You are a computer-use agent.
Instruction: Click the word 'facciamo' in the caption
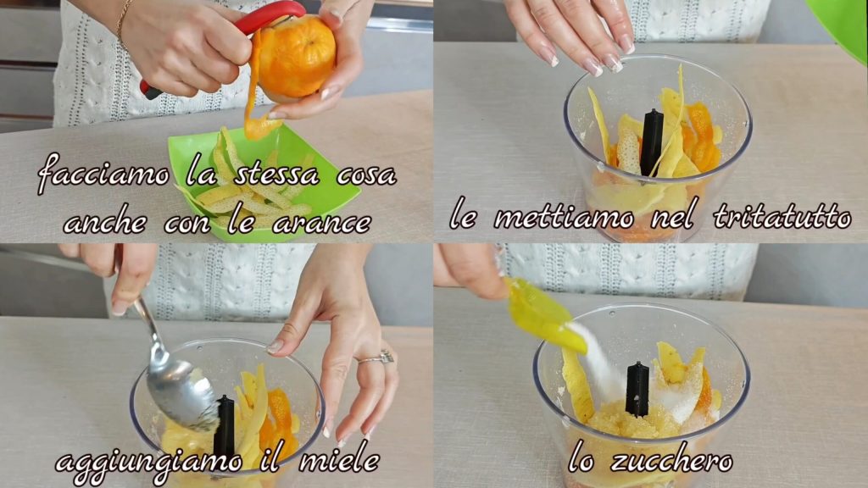pyautogui.click(x=103, y=175)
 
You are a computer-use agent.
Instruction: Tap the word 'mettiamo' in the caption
pyautogui.click(x=564, y=217)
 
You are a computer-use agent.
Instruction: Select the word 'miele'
pyautogui.click(x=339, y=460)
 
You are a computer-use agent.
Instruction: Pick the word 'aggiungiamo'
pyautogui.click(x=148, y=463)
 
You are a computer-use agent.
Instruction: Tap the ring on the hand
pyautogui.click(x=377, y=358)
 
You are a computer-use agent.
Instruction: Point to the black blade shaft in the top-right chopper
pyautogui.click(x=652, y=142)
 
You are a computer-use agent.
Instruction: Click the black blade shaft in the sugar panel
pyautogui.click(x=637, y=389)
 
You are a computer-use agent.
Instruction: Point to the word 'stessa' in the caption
pyautogui.click(x=277, y=175)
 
